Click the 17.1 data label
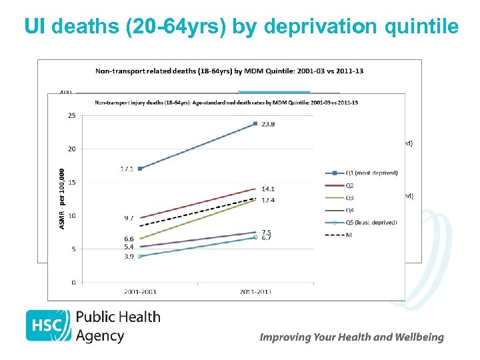coord(127,169)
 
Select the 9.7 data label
coord(128,218)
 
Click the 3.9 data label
coord(128,256)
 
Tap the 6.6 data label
coord(128,239)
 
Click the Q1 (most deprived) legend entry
coord(370,173)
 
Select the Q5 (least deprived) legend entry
coord(370,222)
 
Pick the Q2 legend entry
coord(350,185)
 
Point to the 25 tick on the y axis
coord(71,115)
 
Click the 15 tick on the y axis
coord(71,182)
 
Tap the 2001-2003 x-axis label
coord(139,292)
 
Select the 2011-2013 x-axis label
coord(255,292)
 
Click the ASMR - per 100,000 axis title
coord(61,199)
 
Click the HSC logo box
coord(48,325)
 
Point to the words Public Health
coord(118,317)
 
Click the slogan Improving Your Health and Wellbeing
coord(351,337)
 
